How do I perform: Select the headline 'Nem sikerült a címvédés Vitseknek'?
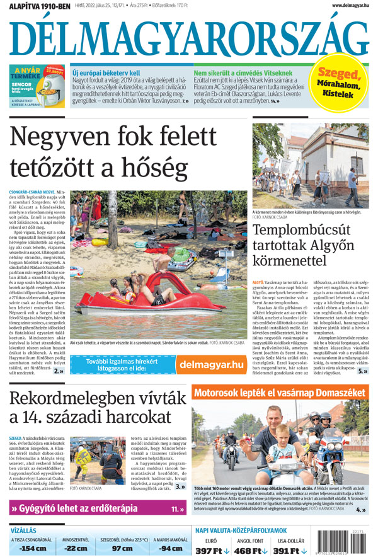(243, 72)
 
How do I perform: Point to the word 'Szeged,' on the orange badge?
(340, 74)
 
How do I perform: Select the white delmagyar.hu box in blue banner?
(211, 364)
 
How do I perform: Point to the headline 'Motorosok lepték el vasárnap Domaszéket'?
(280, 393)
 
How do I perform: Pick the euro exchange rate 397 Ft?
(210, 550)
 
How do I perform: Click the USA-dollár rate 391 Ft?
(290, 550)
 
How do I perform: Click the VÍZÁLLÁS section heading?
(24, 531)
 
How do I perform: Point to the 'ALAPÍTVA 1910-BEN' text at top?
(36, 6)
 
